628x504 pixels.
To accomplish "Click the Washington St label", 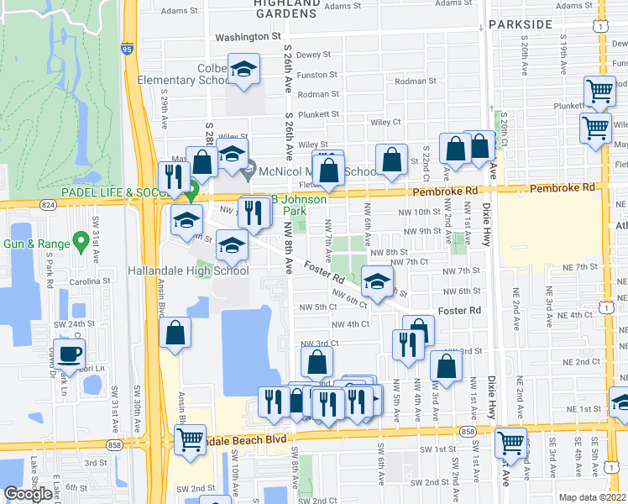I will click(248, 37).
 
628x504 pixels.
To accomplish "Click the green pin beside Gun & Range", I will click(81, 242).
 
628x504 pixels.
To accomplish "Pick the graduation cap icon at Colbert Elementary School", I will click(243, 70).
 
